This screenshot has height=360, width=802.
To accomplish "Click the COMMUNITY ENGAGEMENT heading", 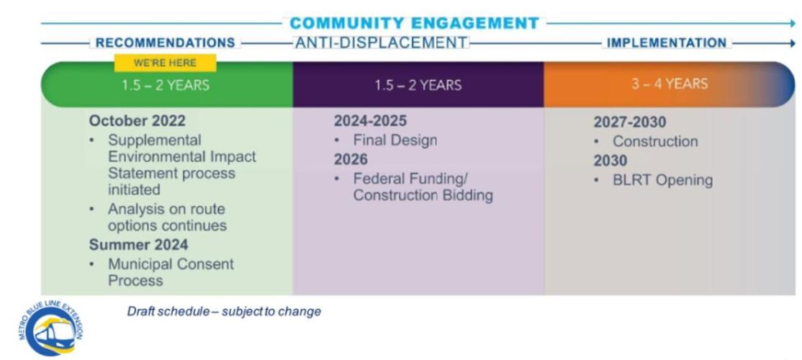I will click(x=414, y=23).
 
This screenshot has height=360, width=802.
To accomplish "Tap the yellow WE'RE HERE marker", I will click(x=165, y=63).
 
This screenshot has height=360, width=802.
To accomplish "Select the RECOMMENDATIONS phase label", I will click(x=165, y=43).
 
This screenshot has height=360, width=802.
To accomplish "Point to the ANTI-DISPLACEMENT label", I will click(x=382, y=43).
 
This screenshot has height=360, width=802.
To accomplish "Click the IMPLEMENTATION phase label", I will click(x=667, y=43).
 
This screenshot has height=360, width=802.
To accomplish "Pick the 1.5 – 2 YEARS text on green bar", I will click(x=166, y=85).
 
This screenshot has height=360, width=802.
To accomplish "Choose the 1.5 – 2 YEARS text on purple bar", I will click(x=418, y=85).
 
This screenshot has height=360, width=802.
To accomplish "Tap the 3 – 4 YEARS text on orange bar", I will click(x=670, y=84).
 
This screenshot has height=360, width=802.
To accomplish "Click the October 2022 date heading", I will click(x=137, y=121).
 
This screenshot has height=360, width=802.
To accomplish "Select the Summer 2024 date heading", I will click(x=138, y=245).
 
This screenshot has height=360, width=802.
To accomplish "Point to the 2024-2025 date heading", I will click(x=370, y=121).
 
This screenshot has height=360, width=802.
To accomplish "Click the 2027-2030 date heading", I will click(x=630, y=122).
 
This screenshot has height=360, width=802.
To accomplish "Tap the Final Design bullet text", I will click(x=395, y=140).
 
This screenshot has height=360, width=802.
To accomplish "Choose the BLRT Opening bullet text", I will click(x=662, y=180).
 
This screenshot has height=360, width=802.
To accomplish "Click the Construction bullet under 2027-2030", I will click(x=655, y=142).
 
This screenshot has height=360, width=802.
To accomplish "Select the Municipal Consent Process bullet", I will click(x=171, y=272).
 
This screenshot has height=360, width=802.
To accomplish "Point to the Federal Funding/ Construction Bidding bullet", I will click(x=422, y=186).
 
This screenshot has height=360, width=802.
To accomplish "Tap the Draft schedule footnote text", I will click(x=224, y=312).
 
